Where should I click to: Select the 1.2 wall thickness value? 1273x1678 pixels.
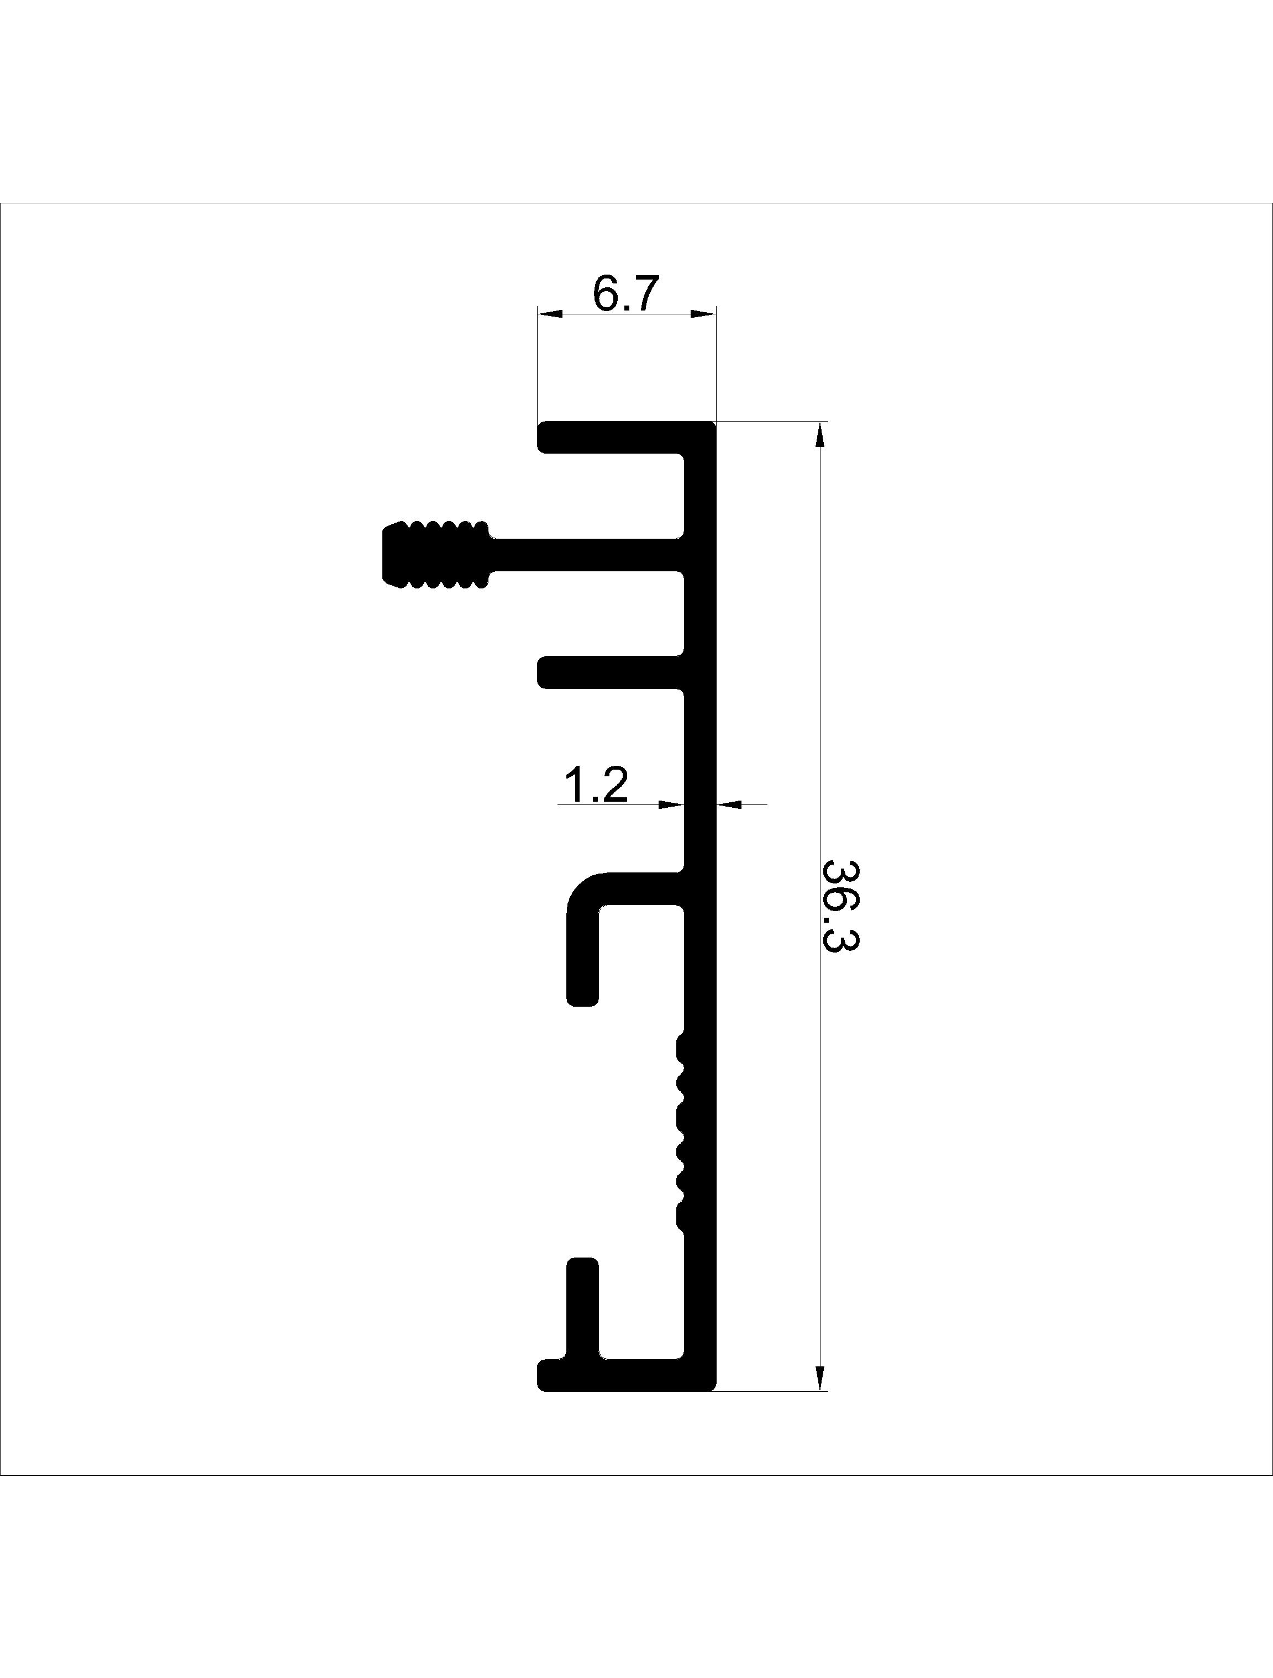pos(596,785)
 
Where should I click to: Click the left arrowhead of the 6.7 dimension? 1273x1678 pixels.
pos(550,313)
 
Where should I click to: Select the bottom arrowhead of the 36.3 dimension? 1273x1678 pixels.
pos(819,1377)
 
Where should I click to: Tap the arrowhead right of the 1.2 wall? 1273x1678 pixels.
pos(729,803)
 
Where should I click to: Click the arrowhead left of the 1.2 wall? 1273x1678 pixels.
pos(672,803)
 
